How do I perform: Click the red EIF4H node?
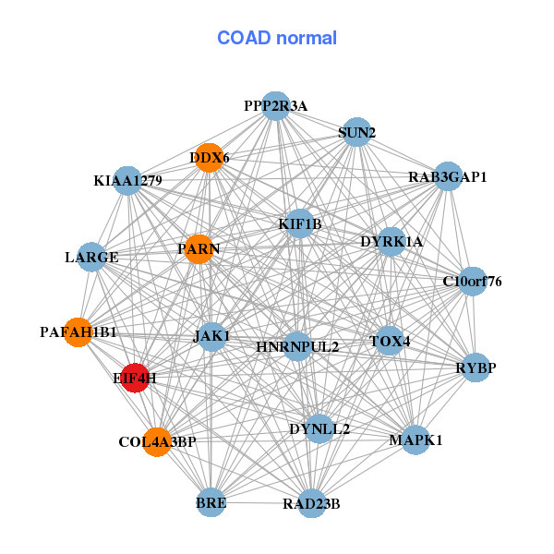coord(136,378)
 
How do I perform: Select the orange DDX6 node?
coord(210,158)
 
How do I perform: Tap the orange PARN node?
coord(199,248)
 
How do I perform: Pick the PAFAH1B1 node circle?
coord(78,331)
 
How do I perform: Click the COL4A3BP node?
coord(157,442)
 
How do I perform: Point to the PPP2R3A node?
coord(275,106)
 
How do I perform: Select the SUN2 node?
coord(355,132)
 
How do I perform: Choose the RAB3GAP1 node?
coord(447,176)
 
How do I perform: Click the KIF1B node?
coord(299,223)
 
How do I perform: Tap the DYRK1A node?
coord(391,242)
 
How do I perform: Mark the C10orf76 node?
coord(472,281)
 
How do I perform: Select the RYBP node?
coord(476,367)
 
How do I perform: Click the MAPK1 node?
coord(415,440)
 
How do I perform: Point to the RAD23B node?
coord(312,503)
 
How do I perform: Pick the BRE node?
coord(211,503)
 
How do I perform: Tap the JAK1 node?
coord(211,337)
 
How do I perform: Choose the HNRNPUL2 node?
coord(297,347)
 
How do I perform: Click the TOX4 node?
coord(390,341)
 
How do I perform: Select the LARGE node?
coord(91,257)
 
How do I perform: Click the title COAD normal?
coord(277,38)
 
